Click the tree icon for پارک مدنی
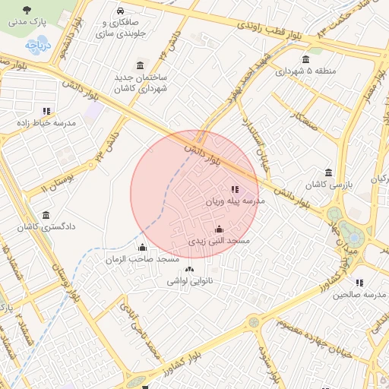(x=27, y=11)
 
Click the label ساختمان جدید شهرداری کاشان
(x=140, y=84)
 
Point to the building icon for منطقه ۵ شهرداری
(x=305, y=60)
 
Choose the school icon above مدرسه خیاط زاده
(x=46, y=111)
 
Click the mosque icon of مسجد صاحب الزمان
(x=142, y=247)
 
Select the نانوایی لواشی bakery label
(x=190, y=281)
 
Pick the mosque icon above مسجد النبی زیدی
(x=220, y=229)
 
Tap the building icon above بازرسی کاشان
(x=327, y=172)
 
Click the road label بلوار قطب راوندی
(x=258, y=30)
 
